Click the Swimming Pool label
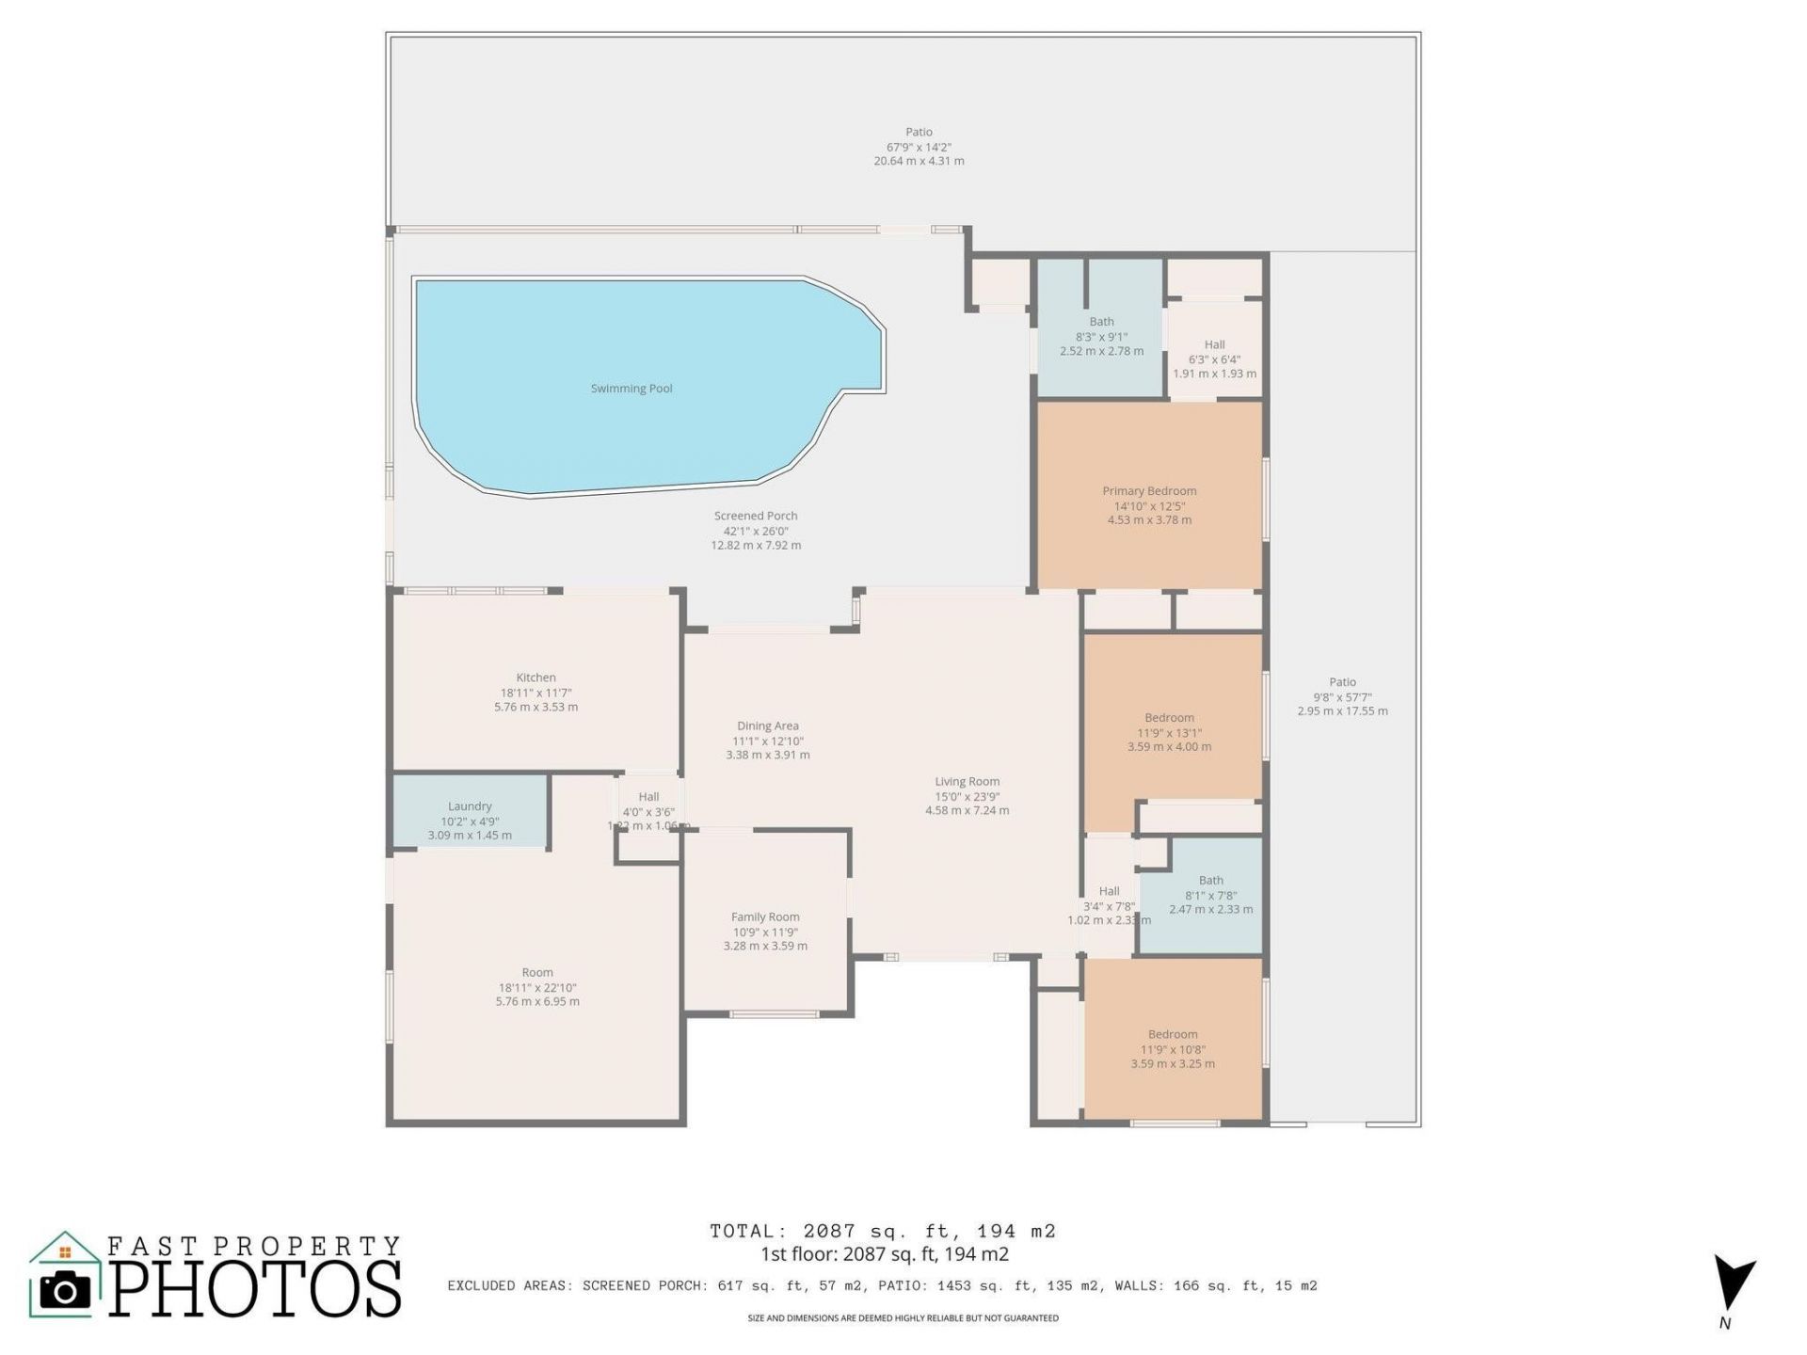point(631,389)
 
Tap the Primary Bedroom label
point(1149,491)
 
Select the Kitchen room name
point(536,677)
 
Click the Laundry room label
point(470,806)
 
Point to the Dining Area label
point(767,725)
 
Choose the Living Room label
point(967,781)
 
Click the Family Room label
point(765,917)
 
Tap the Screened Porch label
point(756,516)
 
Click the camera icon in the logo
point(64,1290)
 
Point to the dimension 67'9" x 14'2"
point(919,147)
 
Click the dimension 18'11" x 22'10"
point(537,988)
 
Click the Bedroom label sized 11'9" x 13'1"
point(1169,718)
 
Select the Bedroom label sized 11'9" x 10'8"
point(1173,1034)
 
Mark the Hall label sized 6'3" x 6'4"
point(1214,344)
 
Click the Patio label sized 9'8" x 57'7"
point(1342,682)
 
